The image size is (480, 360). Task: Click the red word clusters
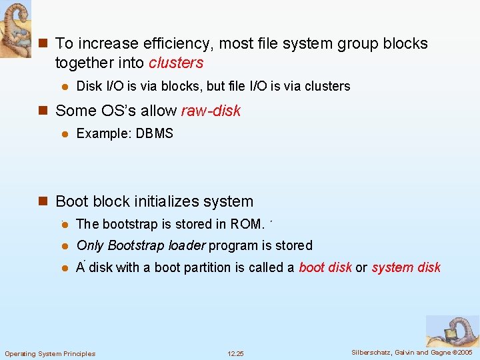click(x=176, y=63)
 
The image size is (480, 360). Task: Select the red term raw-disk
click(x=211, y=111)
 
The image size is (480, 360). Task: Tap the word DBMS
click(x=154, y=133)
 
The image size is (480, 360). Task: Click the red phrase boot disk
click(x=325, y=267)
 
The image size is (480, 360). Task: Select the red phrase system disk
click(x=406, y=267)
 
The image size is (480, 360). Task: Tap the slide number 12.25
click(x=235, y=353)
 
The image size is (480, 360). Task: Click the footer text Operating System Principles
click(x=50, y=353)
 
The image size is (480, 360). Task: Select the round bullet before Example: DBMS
click(x=65, y=134)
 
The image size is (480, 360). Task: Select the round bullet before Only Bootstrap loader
click(x=65, y=246)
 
